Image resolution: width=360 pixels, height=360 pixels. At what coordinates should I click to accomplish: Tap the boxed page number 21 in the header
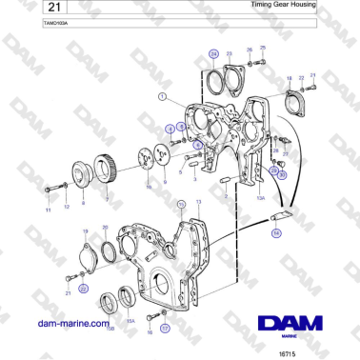pos(29,7)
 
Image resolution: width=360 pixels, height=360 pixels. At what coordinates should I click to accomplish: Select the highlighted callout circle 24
pos(213,53)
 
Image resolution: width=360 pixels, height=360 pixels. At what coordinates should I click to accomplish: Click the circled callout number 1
pos(163,96)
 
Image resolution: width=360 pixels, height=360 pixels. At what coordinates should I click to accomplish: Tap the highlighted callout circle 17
pos(164,328)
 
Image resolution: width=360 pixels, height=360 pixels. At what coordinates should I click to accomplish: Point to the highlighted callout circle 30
pos(281,174)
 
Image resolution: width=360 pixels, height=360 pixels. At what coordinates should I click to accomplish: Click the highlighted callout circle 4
pos(170,128)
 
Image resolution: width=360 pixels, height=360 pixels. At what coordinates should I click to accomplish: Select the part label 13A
pos(259,198)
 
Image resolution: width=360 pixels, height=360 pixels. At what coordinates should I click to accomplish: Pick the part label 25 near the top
pos(263,47)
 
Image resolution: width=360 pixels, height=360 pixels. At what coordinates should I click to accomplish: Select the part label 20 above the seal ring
pos(106,227)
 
